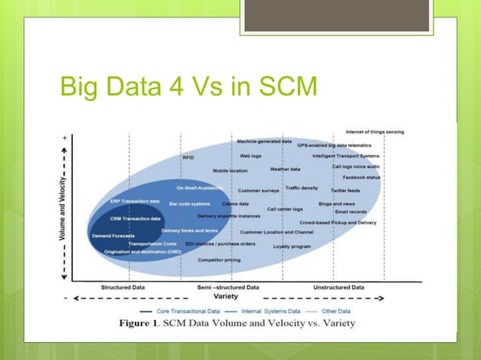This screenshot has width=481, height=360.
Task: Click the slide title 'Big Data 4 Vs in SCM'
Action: (x=188, y=88)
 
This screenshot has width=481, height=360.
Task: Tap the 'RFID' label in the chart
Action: (x=188, y=157)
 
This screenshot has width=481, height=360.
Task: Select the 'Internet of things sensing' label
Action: (x=375, y=132)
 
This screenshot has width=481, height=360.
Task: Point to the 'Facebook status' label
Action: (x=362, y=178)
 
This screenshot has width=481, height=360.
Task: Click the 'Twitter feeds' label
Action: (x=345, y=191)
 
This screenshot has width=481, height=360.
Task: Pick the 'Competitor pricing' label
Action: (x=219, y=260)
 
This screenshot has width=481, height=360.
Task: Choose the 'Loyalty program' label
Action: (x=292, y=246)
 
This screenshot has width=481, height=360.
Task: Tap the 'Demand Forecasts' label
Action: (x=114, y=236)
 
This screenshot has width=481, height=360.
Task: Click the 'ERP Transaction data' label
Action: (x=135, y=201)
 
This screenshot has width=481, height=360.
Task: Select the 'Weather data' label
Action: (x=285, y=169)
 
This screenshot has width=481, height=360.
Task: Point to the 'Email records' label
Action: (x=351, y=212)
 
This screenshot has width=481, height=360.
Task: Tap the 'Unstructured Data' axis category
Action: (x=339, y=287)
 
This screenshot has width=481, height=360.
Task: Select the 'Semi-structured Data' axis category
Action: (x=228, y=287)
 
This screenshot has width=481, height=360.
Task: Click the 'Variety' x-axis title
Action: (x=226, y=297)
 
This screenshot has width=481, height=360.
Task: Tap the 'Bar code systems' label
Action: (x=189, y=203)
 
